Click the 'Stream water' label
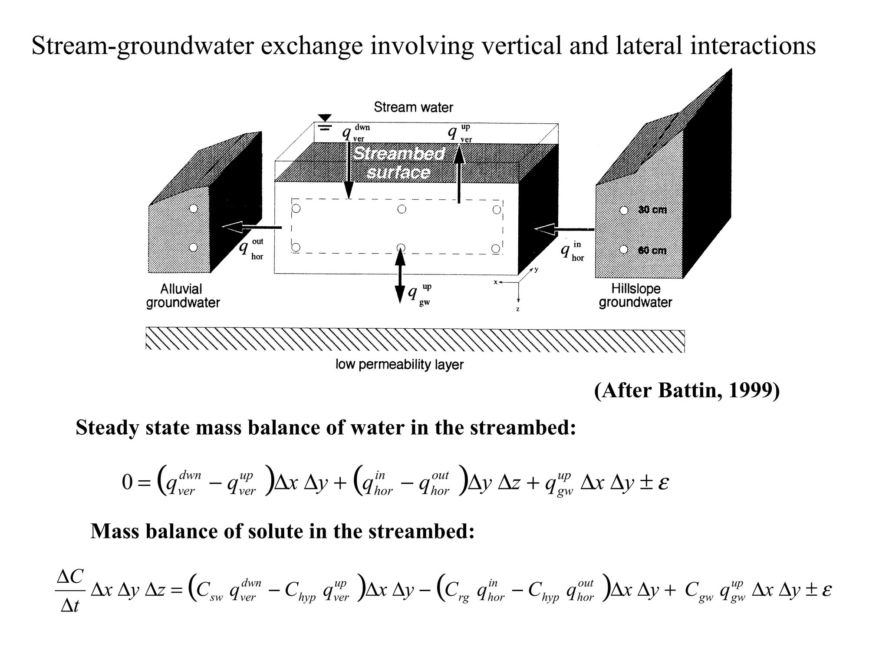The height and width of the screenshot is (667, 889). [413, 107]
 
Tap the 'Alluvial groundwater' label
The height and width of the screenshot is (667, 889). [183, 296]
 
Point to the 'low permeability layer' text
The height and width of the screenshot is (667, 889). [399, 364]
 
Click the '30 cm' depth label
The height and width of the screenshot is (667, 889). [652, 210]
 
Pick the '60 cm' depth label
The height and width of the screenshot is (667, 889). [652, 250]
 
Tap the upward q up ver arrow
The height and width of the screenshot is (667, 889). [459, 174]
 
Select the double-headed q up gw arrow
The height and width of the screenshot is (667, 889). [400, 276]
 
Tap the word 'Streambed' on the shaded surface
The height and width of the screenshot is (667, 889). [398, 154]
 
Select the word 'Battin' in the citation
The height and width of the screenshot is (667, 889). [690, 390]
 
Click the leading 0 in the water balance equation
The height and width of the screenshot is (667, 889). [127, 482]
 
